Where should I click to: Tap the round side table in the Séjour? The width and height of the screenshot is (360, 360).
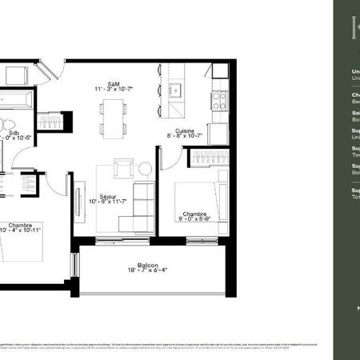tap(145, 169)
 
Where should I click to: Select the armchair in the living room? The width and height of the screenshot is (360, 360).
tap(123, 169)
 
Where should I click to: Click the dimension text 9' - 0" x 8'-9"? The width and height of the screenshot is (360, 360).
tap(194, 220)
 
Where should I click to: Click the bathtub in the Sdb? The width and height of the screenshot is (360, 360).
tap(18, 102)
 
